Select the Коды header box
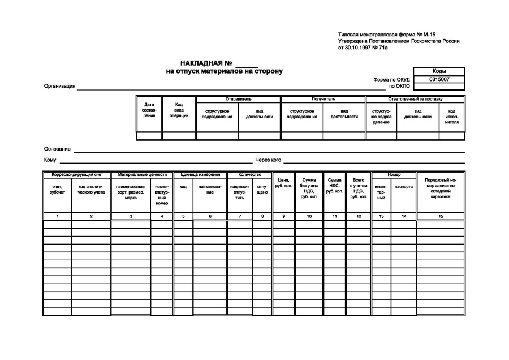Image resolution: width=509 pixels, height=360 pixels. point(439,71)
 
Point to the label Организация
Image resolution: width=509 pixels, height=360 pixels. point(59,87)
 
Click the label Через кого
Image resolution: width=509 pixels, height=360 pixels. point(268,160)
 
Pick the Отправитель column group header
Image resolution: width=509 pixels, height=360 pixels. point(238,99)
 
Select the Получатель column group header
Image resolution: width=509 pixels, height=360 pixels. point(323,99)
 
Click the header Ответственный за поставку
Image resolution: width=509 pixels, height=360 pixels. point(415,99)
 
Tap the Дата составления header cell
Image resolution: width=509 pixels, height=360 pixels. point(149,110)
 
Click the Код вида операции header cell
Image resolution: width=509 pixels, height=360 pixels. point(179,110)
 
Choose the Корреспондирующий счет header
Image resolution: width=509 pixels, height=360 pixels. point(76,175)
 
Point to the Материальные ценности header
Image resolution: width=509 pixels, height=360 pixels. point(142,175)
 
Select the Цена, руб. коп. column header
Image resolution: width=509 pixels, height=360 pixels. point(284,183)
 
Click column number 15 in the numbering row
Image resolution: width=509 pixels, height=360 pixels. point(441,216)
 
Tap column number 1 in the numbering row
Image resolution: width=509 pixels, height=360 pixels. point(57,216)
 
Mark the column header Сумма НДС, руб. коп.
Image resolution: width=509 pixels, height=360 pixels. point(334,186)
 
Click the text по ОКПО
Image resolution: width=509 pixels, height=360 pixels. point(399,87)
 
